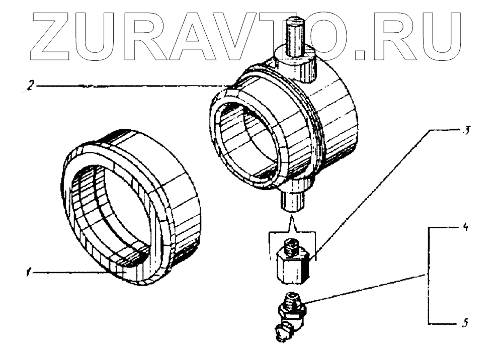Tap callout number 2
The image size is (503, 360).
(31, 86)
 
